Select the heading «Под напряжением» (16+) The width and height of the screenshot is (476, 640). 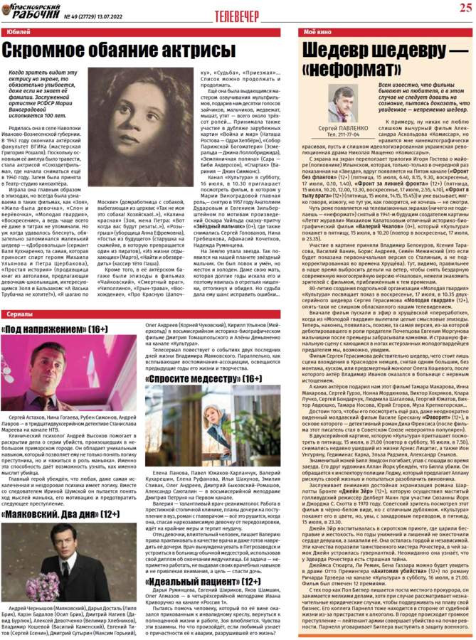click(55, 329)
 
